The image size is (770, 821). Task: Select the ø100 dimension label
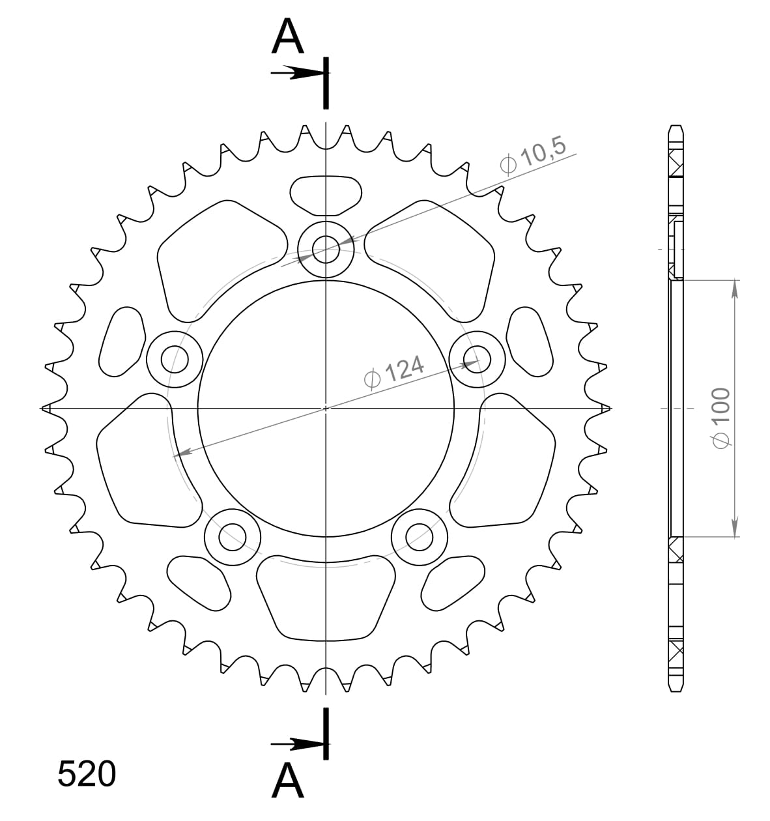(x=720, y=417)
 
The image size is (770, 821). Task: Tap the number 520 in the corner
(x=87, y=774)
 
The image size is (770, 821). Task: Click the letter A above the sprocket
(x=288, y=37)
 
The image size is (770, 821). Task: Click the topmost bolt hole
(x=326, y=248)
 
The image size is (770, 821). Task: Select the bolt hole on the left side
(x=175, y=359)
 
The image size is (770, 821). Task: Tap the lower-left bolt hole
(x=233, y=537)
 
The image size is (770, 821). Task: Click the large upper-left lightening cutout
(x=221, y=254)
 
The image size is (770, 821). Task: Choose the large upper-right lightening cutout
(x=430, y=254)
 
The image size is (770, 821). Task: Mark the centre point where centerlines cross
(x=326, y=409)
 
